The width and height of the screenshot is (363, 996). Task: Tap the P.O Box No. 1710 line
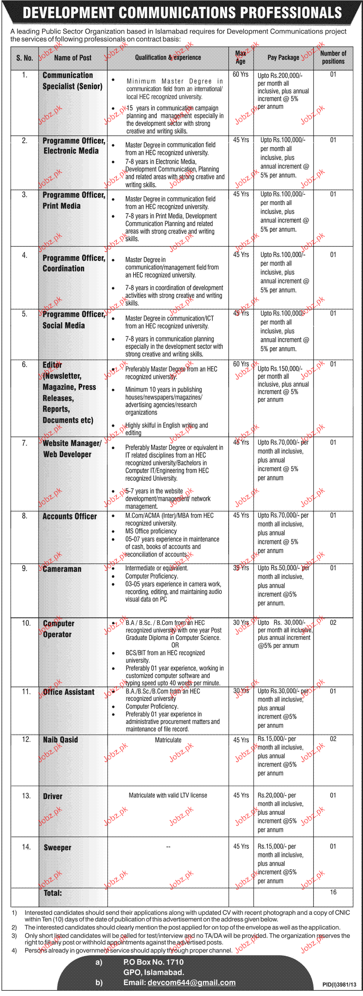click(x=153, y=962)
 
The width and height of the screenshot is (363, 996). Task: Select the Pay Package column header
click(x=283, y=57)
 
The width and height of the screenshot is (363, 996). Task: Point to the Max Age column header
click(x=240, y=57)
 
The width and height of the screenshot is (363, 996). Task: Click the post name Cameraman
click(x=62, y=569)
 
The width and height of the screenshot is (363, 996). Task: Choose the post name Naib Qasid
click(x=60, y=740)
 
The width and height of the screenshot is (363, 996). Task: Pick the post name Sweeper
click(x=57, y=848)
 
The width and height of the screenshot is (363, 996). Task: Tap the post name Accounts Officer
click(x=70, y=516)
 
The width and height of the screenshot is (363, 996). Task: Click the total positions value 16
click(x=333, y=892)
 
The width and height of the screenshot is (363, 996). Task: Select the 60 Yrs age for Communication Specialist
click(x=240, y=74)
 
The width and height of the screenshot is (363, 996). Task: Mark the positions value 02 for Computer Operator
click(x=333, y=622)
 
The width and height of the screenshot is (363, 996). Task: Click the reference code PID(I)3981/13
click(x=339, y=985)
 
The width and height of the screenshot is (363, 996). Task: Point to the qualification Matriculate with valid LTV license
click(x=168, y=795)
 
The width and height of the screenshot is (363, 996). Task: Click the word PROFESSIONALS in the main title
click(x=291, y=13)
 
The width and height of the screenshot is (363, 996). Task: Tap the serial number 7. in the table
click(x=24, y=443)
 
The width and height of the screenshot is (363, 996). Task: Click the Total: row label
click(x=53, y=893)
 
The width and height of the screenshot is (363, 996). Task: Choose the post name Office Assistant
click(x=69, y=692)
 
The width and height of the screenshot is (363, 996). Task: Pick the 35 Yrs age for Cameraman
click(x=241, y=568)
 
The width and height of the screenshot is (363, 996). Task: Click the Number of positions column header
click(x=333, y=57)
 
